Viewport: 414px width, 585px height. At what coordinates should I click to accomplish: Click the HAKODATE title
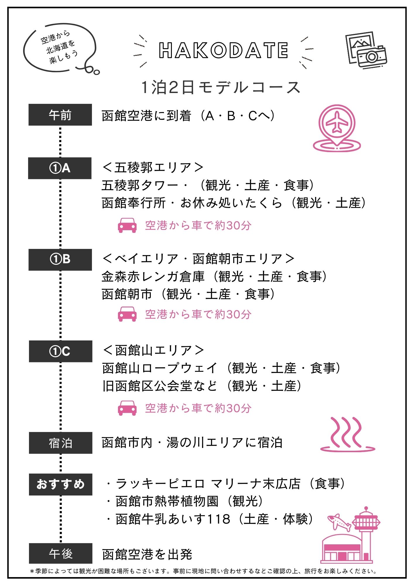click(x=223, y=50)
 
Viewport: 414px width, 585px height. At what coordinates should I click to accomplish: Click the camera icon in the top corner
click(x=366, y=50)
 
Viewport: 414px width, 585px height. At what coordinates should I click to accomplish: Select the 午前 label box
click(x=60, y=115)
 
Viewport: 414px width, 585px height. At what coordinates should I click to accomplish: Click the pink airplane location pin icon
click(x=337, y=128)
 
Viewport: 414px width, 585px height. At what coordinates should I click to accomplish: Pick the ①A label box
click(x=60, y=168)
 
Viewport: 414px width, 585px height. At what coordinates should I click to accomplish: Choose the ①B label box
click(x=60, y=259)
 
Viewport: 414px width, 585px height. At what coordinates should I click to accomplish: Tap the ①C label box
click(x=60, y=351)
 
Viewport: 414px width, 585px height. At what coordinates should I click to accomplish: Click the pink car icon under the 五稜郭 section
click(x=127, y=225)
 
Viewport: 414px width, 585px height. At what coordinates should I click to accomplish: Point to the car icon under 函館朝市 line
click(x=127, y=314)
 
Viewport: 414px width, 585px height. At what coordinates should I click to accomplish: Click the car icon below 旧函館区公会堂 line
click(x=127, y=408)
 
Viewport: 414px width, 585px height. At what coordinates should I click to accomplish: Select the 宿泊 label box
click(x=60, y=443)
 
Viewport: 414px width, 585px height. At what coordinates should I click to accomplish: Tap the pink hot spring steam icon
click(x=348, y=434)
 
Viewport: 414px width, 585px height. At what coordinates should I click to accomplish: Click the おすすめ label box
click(x=60, y=484)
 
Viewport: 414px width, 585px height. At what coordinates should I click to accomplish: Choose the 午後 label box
click(x=60, y=553)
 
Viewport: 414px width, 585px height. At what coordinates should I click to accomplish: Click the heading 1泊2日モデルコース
click(x=221, y=87)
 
